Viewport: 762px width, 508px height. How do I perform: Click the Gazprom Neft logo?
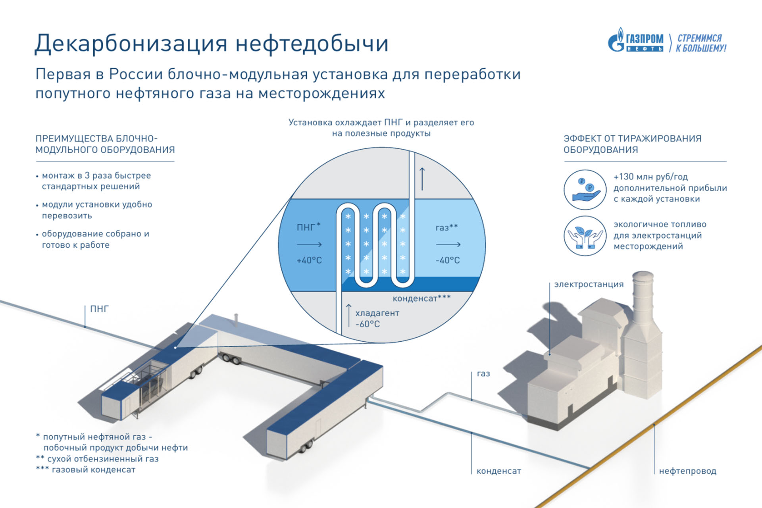click(x=635, y=40)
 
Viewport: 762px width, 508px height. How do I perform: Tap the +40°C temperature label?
click(x=309, y=260)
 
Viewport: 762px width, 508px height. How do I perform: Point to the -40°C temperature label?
click(x=448, y=260)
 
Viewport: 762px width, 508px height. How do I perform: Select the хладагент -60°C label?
click(x=377, y=319)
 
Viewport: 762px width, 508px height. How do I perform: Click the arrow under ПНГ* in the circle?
click(x=309, y=244)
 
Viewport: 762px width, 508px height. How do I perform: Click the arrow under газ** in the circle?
click(x=448, y=244)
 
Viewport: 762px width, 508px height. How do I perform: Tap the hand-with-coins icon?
click(x=585, y=190)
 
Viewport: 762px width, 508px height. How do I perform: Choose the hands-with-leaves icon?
click(x=585, y=236)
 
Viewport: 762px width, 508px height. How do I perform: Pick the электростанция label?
click(x=589, y=284)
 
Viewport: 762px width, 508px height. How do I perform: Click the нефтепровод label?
click(x=688, y=471)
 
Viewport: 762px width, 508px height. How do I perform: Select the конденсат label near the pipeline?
click(x=499, y=471)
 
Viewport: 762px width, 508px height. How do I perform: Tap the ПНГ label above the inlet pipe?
click(x=99, y=309)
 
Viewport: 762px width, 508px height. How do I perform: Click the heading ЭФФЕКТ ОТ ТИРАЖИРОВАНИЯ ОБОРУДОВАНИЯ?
click(x=633, y=144)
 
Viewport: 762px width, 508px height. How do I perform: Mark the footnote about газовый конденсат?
click(x=86, y=470)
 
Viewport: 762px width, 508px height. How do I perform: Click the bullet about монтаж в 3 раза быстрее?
click(x=94, y=181)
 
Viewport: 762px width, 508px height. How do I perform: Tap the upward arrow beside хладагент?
click(x=349, y=316)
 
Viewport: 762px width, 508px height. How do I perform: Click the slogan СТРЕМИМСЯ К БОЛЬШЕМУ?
click(x=701, y=43)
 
